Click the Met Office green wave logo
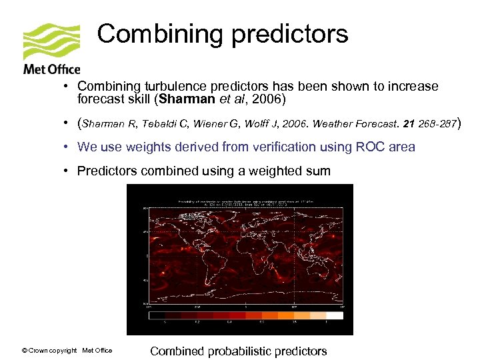[51, 41]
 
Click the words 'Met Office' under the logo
[51, 69]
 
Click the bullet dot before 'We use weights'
[68, 147]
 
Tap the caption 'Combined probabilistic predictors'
[239, 351]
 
